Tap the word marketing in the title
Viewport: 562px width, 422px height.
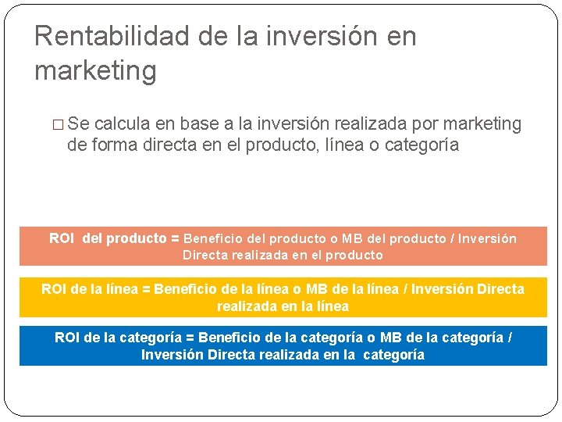click(95, 71)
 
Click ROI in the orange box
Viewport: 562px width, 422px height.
click(62, 238)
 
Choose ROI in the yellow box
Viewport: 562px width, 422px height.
click(54, 289)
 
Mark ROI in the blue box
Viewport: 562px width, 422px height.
click(67, 338)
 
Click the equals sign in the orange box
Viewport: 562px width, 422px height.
click(175, 238)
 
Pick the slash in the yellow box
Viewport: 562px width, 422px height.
click(405, 289)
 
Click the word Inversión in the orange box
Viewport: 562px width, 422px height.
click(487, 238)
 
